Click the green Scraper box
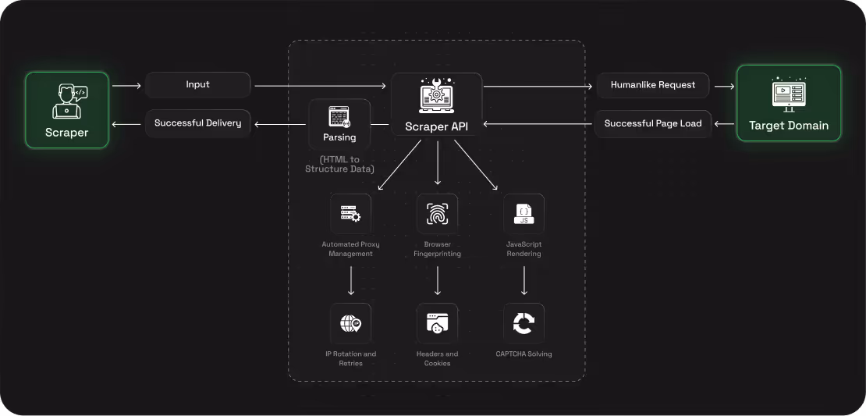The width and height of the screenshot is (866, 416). [66, 110]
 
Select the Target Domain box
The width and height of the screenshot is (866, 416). [789, 103]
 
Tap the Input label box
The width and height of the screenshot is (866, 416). [198, 85]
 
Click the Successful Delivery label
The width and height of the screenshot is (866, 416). [198, 123]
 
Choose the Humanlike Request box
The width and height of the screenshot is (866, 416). [653, 85]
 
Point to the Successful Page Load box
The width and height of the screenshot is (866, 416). [653, 123]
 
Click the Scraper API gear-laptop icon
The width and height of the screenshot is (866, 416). [437, 95]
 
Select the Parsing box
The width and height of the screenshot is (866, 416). [339, 123]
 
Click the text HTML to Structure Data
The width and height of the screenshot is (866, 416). [339, 164]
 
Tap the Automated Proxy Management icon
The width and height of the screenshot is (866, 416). [350, 214]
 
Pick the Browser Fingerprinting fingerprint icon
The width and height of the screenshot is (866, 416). [437, 214]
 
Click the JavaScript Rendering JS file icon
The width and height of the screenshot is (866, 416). [524, 214]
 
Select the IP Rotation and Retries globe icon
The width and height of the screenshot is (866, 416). [350, 323]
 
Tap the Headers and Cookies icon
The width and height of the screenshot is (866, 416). [437, 323]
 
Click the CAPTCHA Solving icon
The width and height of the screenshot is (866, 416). [524, 323]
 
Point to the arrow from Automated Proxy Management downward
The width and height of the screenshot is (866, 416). [351, 281]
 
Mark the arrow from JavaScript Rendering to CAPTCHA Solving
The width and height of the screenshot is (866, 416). [524, 281]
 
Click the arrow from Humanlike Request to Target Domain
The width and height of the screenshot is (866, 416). [724, 85]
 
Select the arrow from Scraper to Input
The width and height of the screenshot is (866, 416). [126, 85]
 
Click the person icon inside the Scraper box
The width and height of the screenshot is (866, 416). [68, 100]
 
